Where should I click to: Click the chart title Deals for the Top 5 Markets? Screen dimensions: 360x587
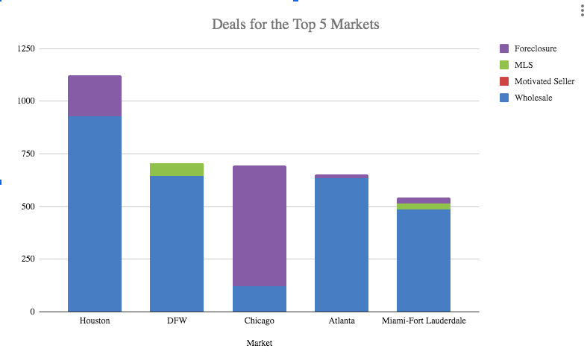(x=295, y=25)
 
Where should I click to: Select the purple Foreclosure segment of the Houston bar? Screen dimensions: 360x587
(x=95, y=95)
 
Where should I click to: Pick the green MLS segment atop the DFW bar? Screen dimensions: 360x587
(x=177, y=169)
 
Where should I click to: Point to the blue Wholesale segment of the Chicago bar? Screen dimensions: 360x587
(x=259, y=298)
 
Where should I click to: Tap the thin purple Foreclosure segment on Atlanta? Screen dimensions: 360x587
(x=342, y=177)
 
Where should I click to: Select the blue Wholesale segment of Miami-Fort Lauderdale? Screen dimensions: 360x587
(x=423, y=260)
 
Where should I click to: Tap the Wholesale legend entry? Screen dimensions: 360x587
(x=533, y=98)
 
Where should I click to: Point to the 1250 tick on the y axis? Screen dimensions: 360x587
(x=26, y=48)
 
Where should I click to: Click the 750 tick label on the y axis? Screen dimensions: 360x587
(x=28, y=154)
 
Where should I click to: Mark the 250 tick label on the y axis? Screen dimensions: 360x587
(x=28, y=259)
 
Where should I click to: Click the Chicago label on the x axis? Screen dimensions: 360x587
(x=259, y=321)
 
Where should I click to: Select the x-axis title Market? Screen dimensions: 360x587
(x=259, y=344)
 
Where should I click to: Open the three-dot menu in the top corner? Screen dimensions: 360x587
(x=582, y=10)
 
